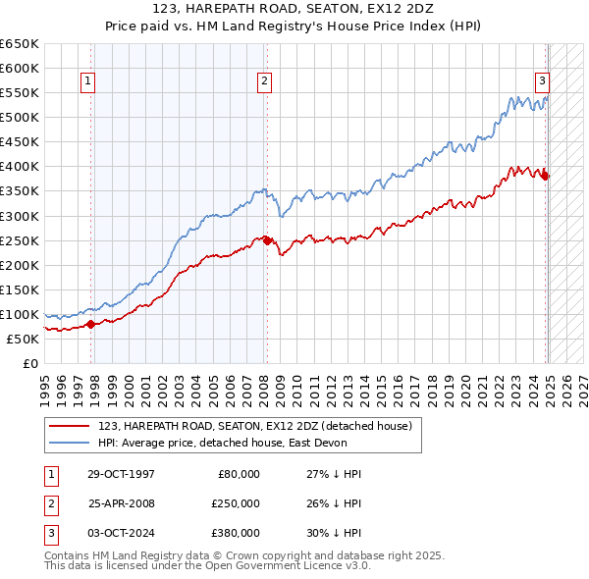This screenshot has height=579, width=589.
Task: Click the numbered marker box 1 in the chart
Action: pos(88,82)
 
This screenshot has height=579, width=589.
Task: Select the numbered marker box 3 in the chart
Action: pos(542,82)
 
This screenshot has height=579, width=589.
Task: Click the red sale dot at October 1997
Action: pos(90,324)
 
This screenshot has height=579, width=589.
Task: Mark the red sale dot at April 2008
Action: pos(266,240)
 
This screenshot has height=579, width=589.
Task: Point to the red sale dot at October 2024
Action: pos(546,177)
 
